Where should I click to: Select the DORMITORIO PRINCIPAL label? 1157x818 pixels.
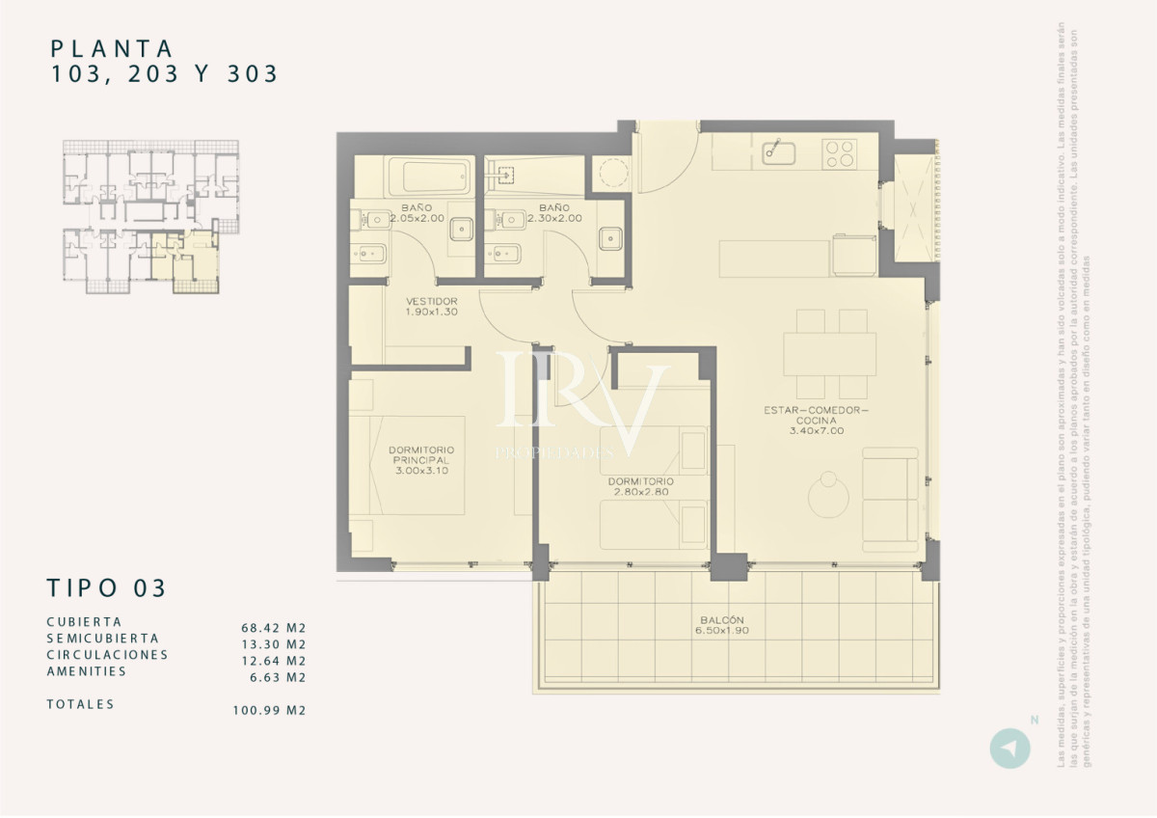click(x=421, y=460)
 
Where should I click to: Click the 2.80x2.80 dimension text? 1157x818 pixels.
click(x=640, y=492)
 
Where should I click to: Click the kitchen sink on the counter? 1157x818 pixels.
click(x=778, y=152)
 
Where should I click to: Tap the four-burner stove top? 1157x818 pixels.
click(x=839, y=153)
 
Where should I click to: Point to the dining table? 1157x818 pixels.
click(x=829, y=354)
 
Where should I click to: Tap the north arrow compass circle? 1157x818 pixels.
click(x=1009, y=750)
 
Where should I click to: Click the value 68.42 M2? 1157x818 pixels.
click(x=273, y=627)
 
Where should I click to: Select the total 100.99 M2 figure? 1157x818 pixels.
click(x=269, y=711)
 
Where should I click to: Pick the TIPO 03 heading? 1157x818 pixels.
click(x=106, y=587)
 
